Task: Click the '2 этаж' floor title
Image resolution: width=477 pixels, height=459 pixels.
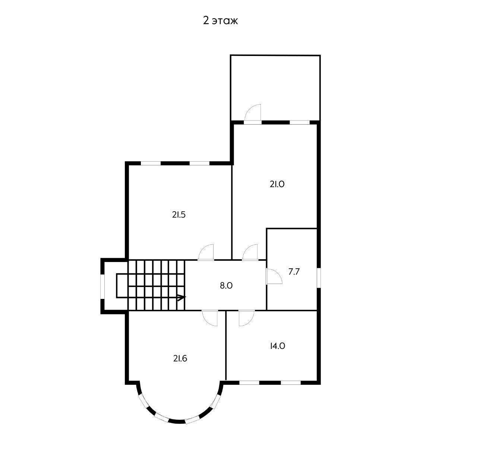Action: pyautogui.click(x=220, y=21)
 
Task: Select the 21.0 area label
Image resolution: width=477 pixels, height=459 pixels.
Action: pyautogui.click(x=277, y=184)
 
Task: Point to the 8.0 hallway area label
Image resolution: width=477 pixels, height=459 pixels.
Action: pyautogui.click(x=226, y=286)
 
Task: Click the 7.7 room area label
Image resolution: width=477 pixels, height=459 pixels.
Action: pyautogui.click(x=294, y=272)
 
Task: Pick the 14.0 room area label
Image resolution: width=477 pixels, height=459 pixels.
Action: pyautogui.click(x=278, y=346)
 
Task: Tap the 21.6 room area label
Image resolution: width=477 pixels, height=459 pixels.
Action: pyautogui.click(x=180, y=359)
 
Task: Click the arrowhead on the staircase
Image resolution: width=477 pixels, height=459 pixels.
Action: pyautogui.click(x=181, y=297)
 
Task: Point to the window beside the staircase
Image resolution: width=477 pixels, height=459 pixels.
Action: pyautogui.click(x=102, y=287)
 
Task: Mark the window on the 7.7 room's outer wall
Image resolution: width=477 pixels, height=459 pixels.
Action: pyautogui.click(x=319, y=278)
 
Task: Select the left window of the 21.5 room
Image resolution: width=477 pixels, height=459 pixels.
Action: pyautogui.click(x=151, y=163)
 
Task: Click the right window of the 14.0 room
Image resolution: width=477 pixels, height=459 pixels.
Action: pyautogui.click(x=291, y=382)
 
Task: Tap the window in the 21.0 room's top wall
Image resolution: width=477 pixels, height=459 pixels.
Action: pyautogui.click(x=300, y=122)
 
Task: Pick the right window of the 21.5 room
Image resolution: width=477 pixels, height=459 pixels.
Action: pyautogui.click(x=199, y=163)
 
